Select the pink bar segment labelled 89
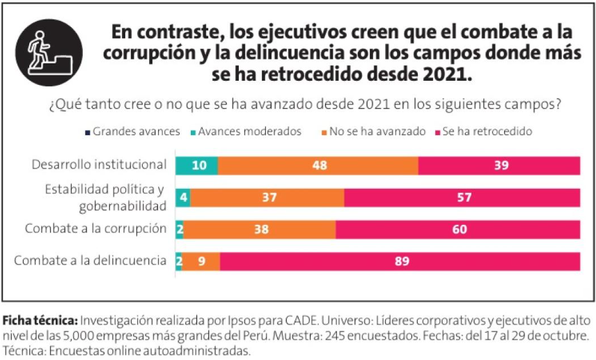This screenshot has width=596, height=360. [400, 261]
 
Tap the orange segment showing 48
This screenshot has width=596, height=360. [317, 166]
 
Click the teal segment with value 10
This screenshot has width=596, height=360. [196, 166]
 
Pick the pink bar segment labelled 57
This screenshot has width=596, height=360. [462, 198]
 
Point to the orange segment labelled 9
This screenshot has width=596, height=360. [202, 261]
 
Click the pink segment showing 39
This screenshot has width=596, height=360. [499, 166]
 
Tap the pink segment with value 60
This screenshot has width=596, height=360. [457, 229]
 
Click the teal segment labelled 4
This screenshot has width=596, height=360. [182, 198]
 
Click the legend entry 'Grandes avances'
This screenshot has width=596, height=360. [132, 131]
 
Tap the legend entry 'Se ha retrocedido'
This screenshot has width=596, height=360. [487, 131]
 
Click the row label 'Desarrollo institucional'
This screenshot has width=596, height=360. [99, 166]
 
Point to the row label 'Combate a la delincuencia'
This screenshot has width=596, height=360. [91, 261]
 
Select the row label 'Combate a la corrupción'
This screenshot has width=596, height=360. [95, 229]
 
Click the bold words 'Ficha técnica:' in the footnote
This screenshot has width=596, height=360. [40, 321]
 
